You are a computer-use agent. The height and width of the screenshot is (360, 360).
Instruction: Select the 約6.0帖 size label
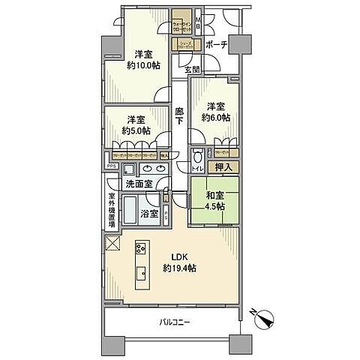click(215, 118)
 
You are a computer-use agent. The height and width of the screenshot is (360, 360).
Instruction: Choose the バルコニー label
click(175, 322)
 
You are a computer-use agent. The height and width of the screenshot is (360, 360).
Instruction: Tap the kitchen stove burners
click(140, 250)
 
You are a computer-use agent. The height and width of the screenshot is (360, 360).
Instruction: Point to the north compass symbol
click(265, 318)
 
